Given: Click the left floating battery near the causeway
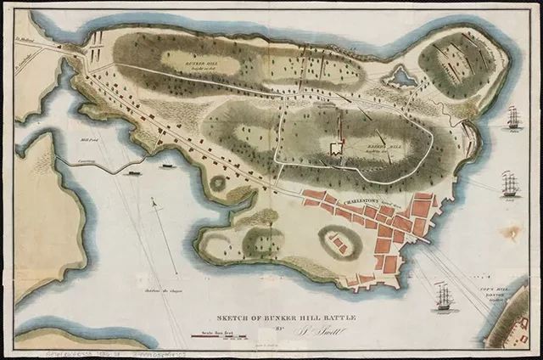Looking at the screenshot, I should click(133, 172).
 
